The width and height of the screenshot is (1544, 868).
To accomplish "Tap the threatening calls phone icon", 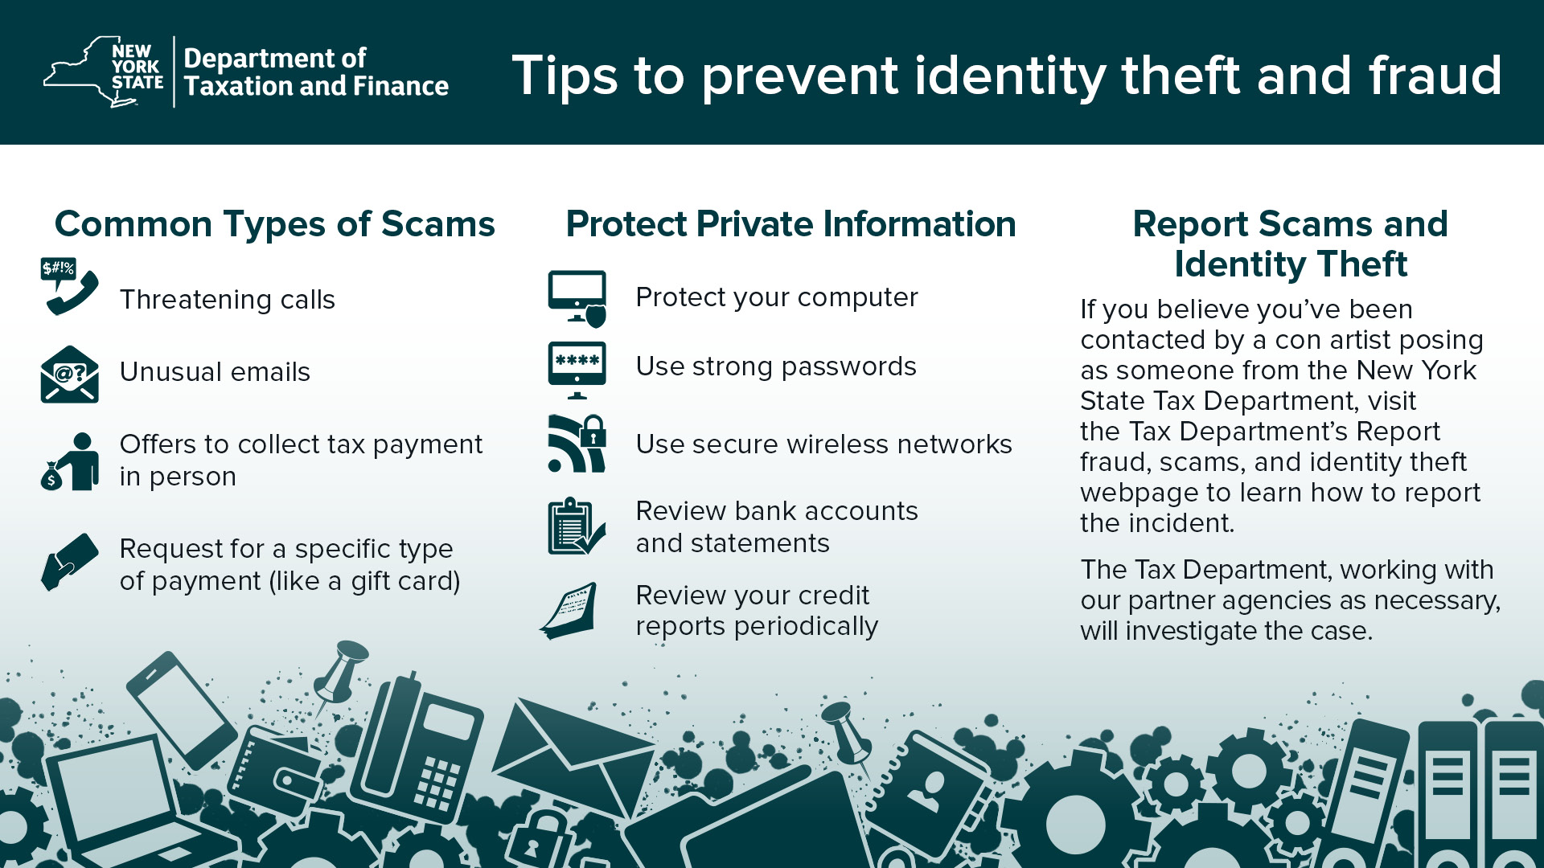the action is pyautogui.click(x=69, y=286).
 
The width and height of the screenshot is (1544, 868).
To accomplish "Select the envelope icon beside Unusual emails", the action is pyautogui.click(x=69, y=374).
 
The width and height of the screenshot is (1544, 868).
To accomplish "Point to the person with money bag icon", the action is pyautogui.click(x=69, y=462).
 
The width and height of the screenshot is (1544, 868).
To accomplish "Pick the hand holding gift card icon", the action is pyautogui.click(x=69, y=562).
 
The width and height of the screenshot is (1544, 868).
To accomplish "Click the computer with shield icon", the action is pyautogui.click(x=577, y=299).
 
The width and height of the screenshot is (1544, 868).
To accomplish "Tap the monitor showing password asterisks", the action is pyautogui.click(x=577, y=371).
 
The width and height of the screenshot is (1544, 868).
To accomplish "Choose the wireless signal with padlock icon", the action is pyautogui.click(x=577, y=444).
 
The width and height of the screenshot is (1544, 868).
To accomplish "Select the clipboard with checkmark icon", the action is pyautogui.click(x=577, y=526).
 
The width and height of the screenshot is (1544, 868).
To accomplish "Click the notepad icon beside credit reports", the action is pyautogui.click(x=569, y=611).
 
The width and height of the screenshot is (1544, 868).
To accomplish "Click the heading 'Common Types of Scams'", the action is pyautogui.click(x=275, y=223).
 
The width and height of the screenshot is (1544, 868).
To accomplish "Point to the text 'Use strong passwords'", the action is pyautogui.click(x=776, y=366).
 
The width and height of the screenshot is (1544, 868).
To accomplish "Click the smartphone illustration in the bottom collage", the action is pyautogui.click(x=182, y=711).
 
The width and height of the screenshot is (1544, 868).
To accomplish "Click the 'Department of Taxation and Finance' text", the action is pyautogui.click(x=316, y=72).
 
